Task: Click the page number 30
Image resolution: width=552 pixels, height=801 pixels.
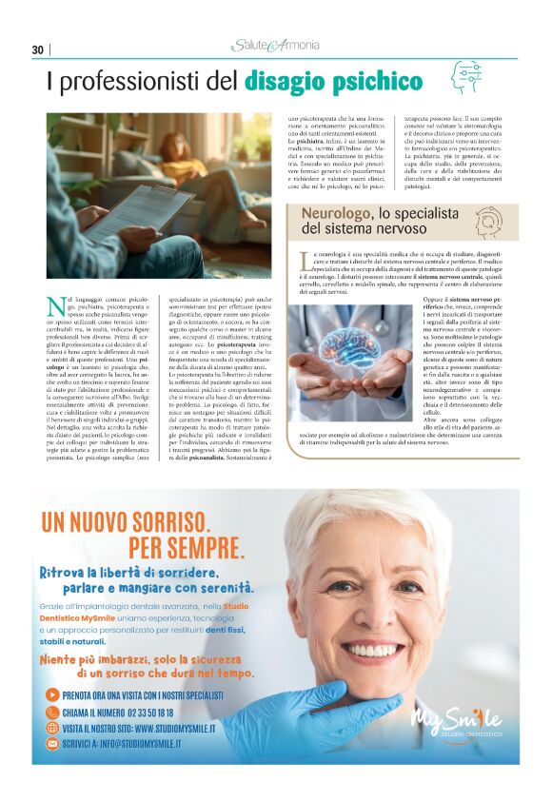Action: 38,49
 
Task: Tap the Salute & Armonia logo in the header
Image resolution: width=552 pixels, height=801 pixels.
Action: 275,47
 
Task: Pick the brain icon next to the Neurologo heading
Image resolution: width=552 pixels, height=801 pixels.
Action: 488,221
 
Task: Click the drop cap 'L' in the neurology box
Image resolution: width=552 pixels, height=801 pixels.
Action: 305,261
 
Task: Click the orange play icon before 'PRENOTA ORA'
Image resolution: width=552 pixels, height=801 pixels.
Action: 52,695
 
